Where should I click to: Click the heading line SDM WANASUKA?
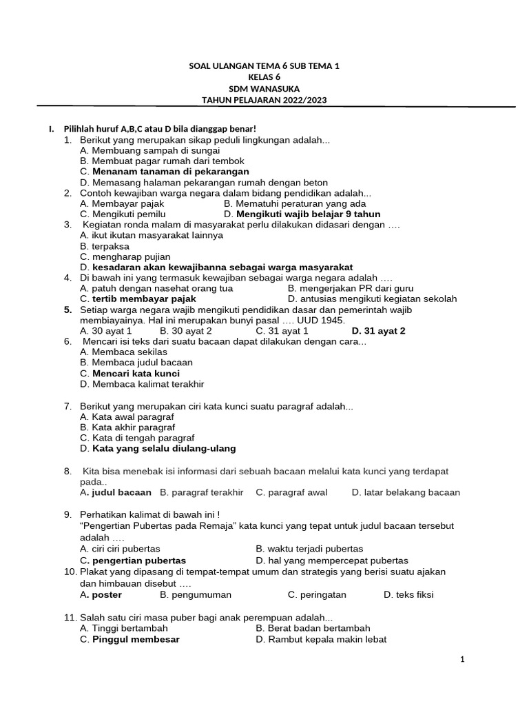[264, 89]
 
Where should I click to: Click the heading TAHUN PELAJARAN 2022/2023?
[264, 100]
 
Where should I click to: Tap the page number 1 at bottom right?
[463, 660]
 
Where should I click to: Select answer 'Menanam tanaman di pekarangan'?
[170, 171]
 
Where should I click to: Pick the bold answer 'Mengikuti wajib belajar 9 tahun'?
[308, 214]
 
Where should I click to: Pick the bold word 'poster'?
[107, 594]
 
